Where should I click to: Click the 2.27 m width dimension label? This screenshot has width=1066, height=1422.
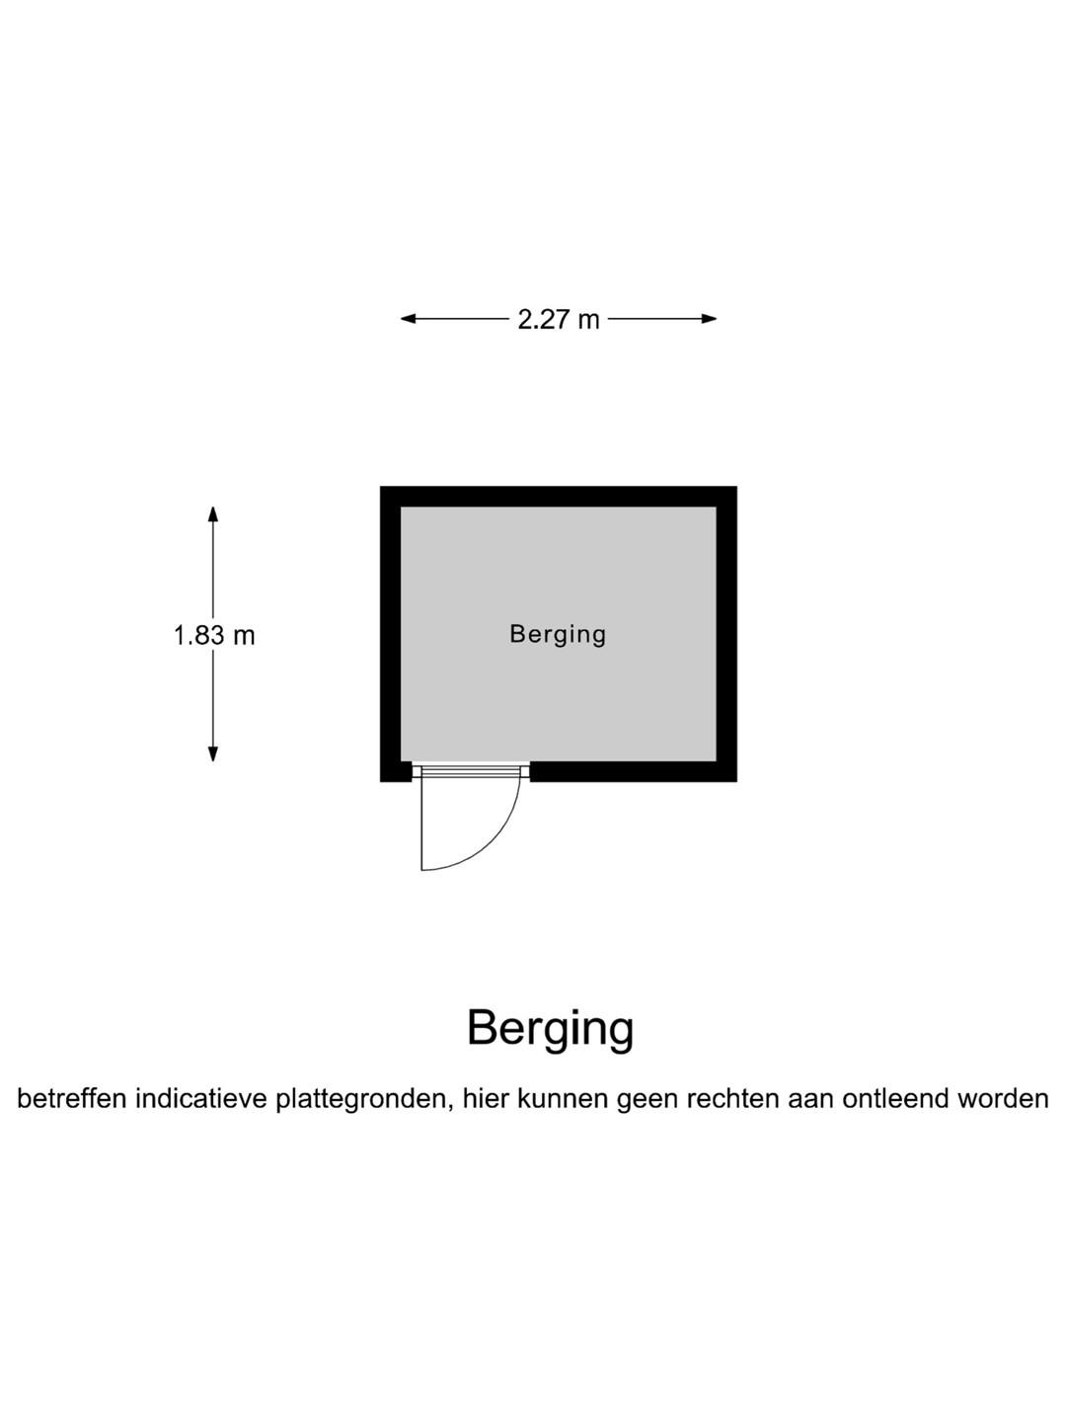pyautogui.click(x=559, y=319)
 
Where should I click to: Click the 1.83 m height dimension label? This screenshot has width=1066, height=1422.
pyautogui.click(x=214, y=635)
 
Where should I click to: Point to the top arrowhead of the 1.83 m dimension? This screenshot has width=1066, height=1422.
pyautogui.click(x=213, y=513)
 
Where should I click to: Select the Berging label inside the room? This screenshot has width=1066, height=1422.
pyautogui.click(x=558, y=634)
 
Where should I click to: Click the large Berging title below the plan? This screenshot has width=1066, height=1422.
pyautogui.click(x=550, y=1029)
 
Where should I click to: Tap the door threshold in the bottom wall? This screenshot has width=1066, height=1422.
pyautogui.click(x=471, y=770)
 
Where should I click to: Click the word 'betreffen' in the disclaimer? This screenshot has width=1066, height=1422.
pyautogui.click(x=72, y=1098)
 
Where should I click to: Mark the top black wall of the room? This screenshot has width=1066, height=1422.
pyautogui.click(x=559, y=496)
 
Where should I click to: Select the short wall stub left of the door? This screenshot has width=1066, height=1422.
pyautogui.click(x=396, y=771)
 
